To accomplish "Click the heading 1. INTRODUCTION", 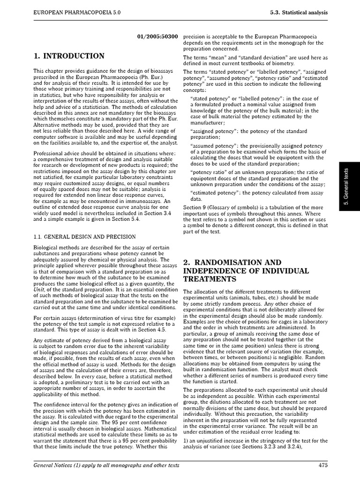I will point(69,56).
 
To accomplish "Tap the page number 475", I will point(322,465).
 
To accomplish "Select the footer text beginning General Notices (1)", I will point(106,465).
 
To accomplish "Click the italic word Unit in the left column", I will point(38,290).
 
